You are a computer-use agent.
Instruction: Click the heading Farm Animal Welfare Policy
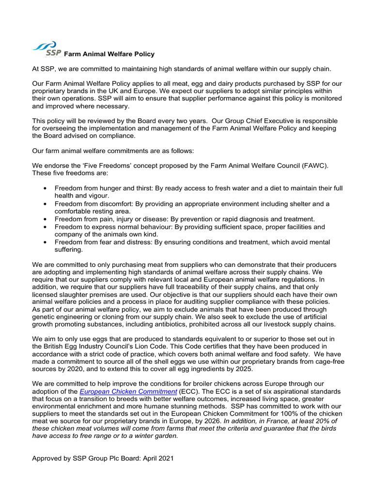[109, 54]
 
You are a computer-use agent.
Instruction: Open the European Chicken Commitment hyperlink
[128, 391]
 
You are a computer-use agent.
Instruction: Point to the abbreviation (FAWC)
[315, 166]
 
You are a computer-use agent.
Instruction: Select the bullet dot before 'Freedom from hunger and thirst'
[45, 188]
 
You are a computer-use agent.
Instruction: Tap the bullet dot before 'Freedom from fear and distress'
[45, 242]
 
